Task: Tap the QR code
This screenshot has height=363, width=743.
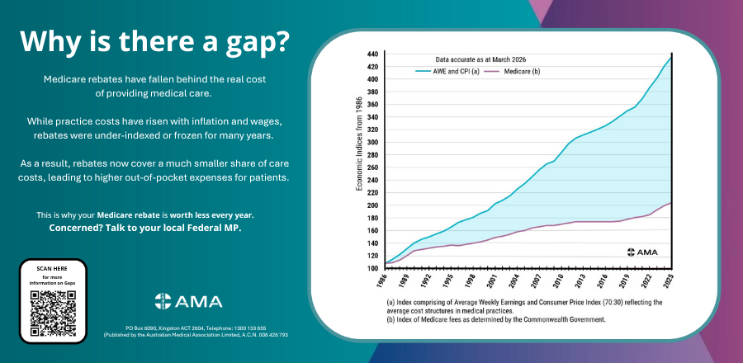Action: (52, 311)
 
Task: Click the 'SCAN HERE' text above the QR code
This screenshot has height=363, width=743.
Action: (52, 269)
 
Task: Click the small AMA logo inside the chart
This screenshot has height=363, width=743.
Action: (646, 252)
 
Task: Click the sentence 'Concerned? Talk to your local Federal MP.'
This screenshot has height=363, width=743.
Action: (145, 228)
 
